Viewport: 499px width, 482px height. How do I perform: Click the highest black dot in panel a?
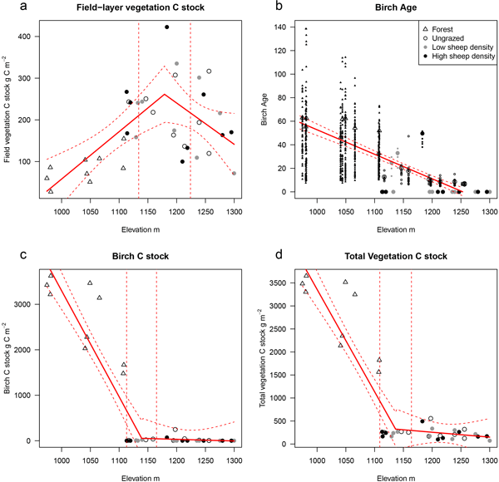click(166, 27)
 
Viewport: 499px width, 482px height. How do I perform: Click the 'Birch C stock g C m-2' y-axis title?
click(8, 358)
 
